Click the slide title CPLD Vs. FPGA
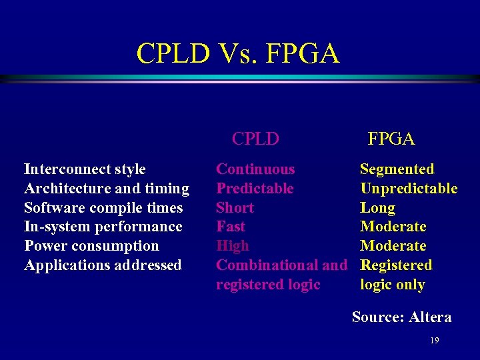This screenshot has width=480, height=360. coord(238,53)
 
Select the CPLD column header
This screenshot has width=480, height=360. coord(255,139)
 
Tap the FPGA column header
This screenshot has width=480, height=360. coord(391,139)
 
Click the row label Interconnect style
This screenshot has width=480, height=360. coord(85,169)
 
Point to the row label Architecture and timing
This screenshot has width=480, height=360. coord(107,189)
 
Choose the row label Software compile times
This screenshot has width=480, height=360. coord(103,208)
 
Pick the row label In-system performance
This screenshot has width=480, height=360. coord(103,227)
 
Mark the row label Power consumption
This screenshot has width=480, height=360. coord(91,246)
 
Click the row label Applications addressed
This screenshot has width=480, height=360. coord(103,265)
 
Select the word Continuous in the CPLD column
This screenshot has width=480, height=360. coord(255,169)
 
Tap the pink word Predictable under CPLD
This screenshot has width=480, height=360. coord(255,189)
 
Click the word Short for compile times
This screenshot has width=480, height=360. coord(235,208)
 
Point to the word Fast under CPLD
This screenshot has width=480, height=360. coord(231,227)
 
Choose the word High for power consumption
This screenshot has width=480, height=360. coord(233,246)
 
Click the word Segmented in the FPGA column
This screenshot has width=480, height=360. coord(397,169)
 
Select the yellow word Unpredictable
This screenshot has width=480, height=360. coord(409,189)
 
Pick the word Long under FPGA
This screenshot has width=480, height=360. coord(377,208)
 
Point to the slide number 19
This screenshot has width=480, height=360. coord(435,341)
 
